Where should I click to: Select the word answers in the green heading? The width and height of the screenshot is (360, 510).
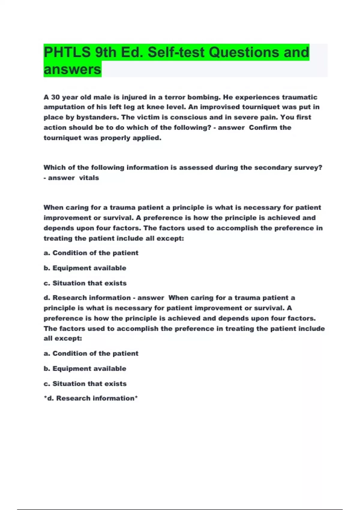click(72, 70)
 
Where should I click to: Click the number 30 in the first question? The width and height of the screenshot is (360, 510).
click(55, 97)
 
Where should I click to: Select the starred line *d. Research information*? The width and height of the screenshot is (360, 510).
click(91, 398)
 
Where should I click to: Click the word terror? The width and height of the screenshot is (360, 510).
click(175, 97)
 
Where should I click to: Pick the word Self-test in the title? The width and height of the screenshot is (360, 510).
click(176, 52)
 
